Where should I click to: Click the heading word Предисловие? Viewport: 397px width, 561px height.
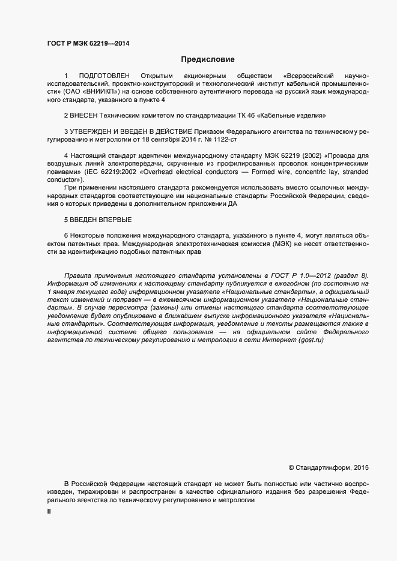pos(208,59)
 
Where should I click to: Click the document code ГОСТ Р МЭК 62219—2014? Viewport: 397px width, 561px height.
pos(88,43)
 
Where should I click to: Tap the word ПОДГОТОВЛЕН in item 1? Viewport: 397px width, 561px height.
pos(105,75)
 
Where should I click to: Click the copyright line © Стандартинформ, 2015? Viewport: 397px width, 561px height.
pos(328,467)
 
